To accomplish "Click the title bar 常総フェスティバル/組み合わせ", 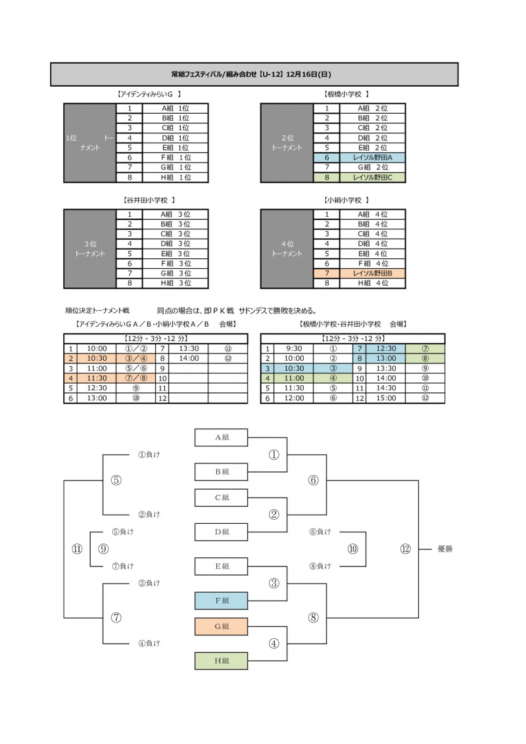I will point(254,74).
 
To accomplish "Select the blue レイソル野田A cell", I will point(372,158).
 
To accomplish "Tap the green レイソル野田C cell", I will point(372,177).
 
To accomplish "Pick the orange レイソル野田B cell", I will point(372,273).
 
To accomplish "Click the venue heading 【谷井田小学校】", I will point(149,200).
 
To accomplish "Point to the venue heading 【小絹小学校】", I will point(346,200).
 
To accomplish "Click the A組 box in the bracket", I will point(222,436).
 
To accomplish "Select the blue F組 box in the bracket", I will point(222,601).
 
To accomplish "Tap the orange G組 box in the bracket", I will point(222,626).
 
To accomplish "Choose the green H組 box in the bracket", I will point(222,661).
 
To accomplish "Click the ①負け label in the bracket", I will point(149,454).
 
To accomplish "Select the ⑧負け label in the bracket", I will point(320,566).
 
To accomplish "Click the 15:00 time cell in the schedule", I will point(386,398).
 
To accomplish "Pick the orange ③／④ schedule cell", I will point(135,359).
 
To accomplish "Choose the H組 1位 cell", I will point(175,177).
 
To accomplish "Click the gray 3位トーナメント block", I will point(90,248).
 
